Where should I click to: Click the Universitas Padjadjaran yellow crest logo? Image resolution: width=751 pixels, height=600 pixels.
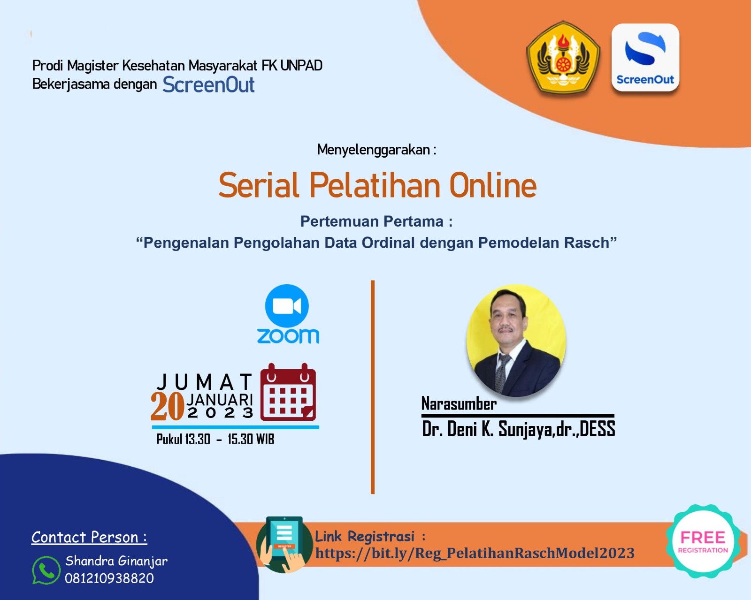coord(563,57)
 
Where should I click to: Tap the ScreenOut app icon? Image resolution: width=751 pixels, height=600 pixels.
coord(645,57)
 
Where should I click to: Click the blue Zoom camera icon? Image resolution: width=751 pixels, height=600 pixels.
coord(287,306)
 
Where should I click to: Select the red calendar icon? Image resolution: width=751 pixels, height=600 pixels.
coord(288,392)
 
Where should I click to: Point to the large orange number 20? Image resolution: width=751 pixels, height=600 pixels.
coord(167,406)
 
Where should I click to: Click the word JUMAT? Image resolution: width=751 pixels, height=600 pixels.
coord(205,382)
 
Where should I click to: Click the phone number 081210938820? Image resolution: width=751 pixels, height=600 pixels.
coord(109,578)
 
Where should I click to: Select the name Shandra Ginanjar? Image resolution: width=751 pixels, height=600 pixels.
coord(116,561)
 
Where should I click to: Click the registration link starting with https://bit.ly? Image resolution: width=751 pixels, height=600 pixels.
coord(475,553)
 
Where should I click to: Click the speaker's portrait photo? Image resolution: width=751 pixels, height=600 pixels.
coord(516,341)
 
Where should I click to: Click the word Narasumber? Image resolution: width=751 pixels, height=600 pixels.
coord(459,404)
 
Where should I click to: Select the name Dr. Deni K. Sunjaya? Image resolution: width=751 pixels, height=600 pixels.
coord(488,429)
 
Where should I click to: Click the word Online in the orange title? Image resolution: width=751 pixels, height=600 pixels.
coord(493,185)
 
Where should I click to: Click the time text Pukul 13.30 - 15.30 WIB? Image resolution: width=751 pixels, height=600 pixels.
coord(215,439)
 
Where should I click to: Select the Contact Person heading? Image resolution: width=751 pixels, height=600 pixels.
coord(89,537)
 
